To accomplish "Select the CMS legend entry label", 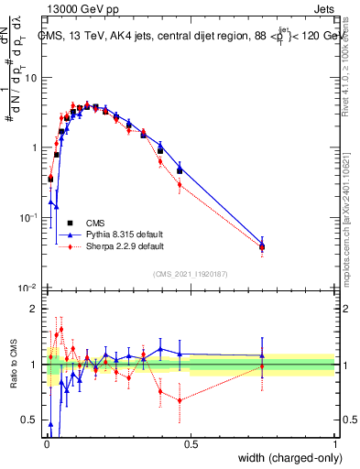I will [x=95, y=222].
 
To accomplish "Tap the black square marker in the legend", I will [x=70, y=222].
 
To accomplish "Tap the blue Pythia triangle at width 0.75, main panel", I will [x=262, y=244].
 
